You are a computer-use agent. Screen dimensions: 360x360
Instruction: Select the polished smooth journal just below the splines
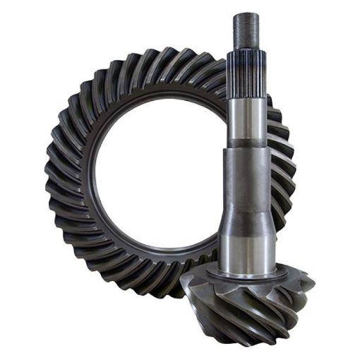(x=246, y=120)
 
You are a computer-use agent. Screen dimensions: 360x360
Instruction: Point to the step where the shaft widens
(x=246, y=147)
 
